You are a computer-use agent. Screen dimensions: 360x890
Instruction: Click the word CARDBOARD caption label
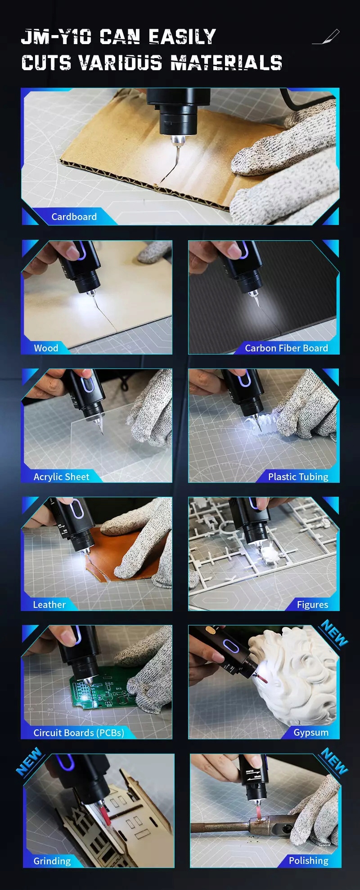click(74, 217)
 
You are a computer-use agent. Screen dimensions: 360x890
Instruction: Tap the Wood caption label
click(46, 348)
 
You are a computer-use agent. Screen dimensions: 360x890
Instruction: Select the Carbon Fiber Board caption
click(286, 348)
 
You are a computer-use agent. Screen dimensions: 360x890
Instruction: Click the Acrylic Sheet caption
click(61, 477)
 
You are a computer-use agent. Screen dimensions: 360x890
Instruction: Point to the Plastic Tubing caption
click(298, 477)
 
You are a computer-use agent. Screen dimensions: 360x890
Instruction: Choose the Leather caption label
click(49, 605)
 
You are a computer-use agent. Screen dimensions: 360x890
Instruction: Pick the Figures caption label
click(312, 605)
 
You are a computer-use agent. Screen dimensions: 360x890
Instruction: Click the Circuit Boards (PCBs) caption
click(79, 733)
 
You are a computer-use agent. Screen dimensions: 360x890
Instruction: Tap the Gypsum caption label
click(311, 733)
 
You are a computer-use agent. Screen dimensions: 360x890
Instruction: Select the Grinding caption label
click(52, 861)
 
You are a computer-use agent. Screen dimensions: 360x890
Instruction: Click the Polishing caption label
click(308, 861)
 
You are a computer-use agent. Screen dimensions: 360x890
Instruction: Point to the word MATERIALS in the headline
click(226, 63)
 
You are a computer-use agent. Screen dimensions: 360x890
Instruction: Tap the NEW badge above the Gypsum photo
click(334, 633)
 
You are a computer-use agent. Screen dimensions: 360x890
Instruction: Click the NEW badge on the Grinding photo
click(29, 762)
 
